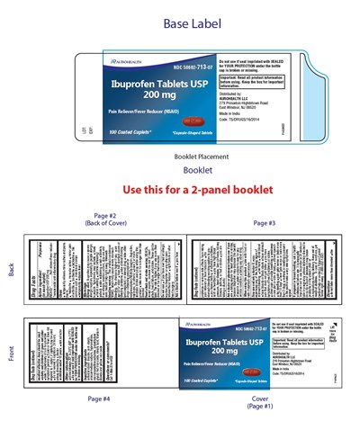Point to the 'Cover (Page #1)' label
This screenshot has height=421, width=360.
[x=261, y=401]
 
